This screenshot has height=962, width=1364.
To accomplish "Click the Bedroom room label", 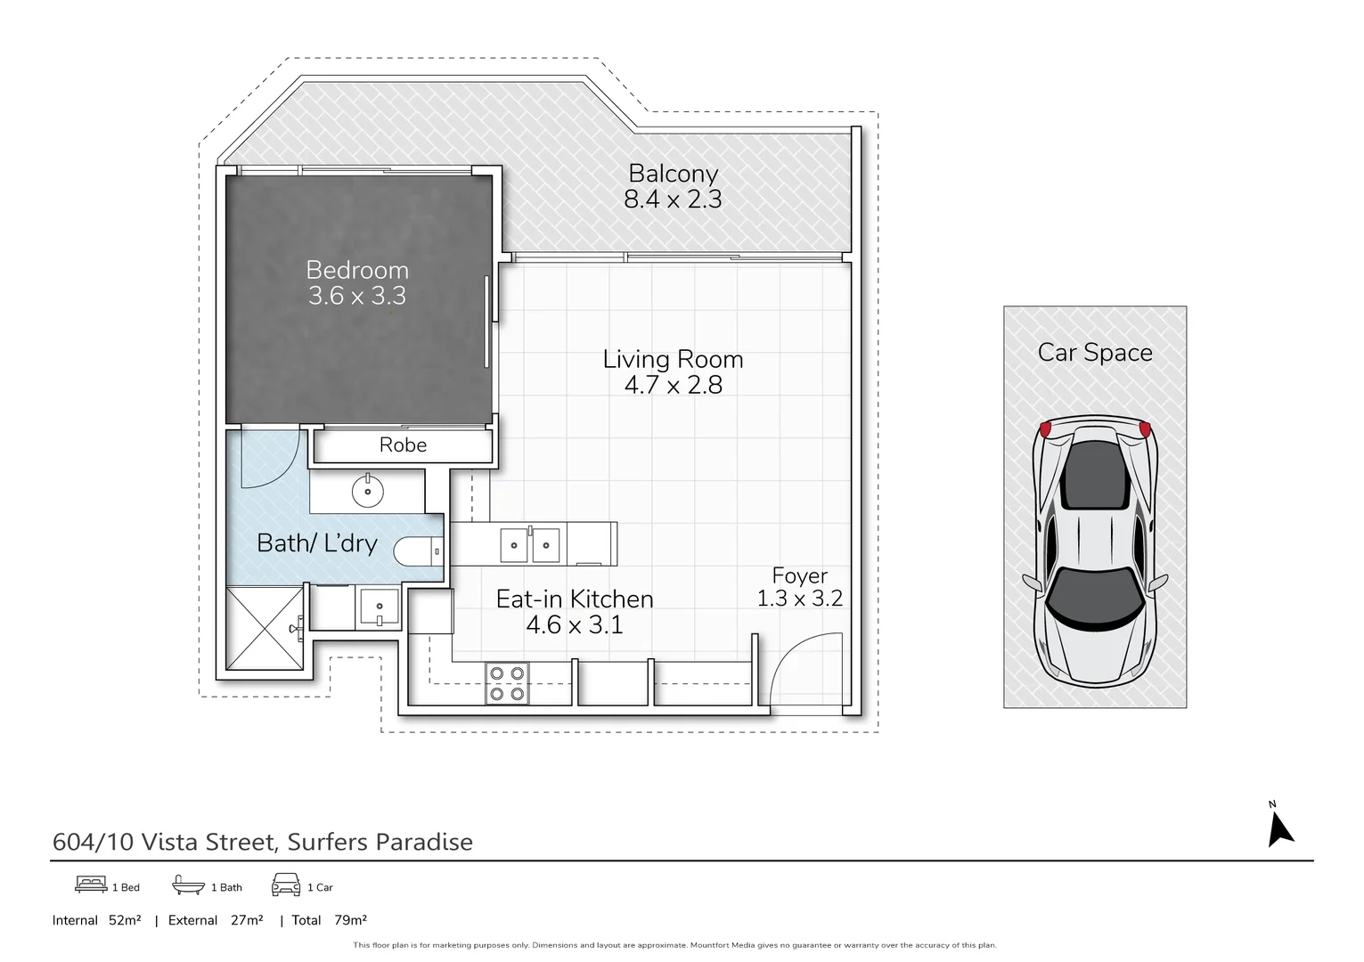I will pyautogui.click(x=356, y=270).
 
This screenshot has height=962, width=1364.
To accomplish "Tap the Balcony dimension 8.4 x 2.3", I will pyautogui.click(x=673, y=200).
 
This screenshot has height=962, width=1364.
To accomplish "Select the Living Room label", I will pyautogui.click(x=673, y=359).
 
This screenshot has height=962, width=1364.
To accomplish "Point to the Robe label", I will pyautogui.click(x=403, y=445).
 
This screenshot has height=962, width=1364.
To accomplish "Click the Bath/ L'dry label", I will pyautogui.click(x=316, y=543).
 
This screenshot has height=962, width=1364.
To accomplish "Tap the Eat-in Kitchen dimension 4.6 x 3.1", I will pyautogui.click(x=575, y=625).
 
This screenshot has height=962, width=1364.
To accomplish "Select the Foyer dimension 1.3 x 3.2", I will pyautogui.click(x=799, y=599).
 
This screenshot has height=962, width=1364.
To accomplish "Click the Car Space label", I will pyautogui.click(x=1095, y=353).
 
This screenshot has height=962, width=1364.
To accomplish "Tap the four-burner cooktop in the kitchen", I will pyautogui.click(x=507, y=683).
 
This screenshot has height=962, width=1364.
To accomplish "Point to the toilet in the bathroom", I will pyautogui.click(x=417, y=552).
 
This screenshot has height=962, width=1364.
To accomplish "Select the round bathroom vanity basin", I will pyautogui.click(x=367, y=491).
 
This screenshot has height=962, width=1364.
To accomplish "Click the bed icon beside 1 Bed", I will pyautogui.click(x=91, y=885).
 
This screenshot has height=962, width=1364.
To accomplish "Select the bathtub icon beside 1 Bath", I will pyautogui.click(x=188, y=885).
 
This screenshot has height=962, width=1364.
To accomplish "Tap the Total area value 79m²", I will pyautogui.click(x=350, y=920).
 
